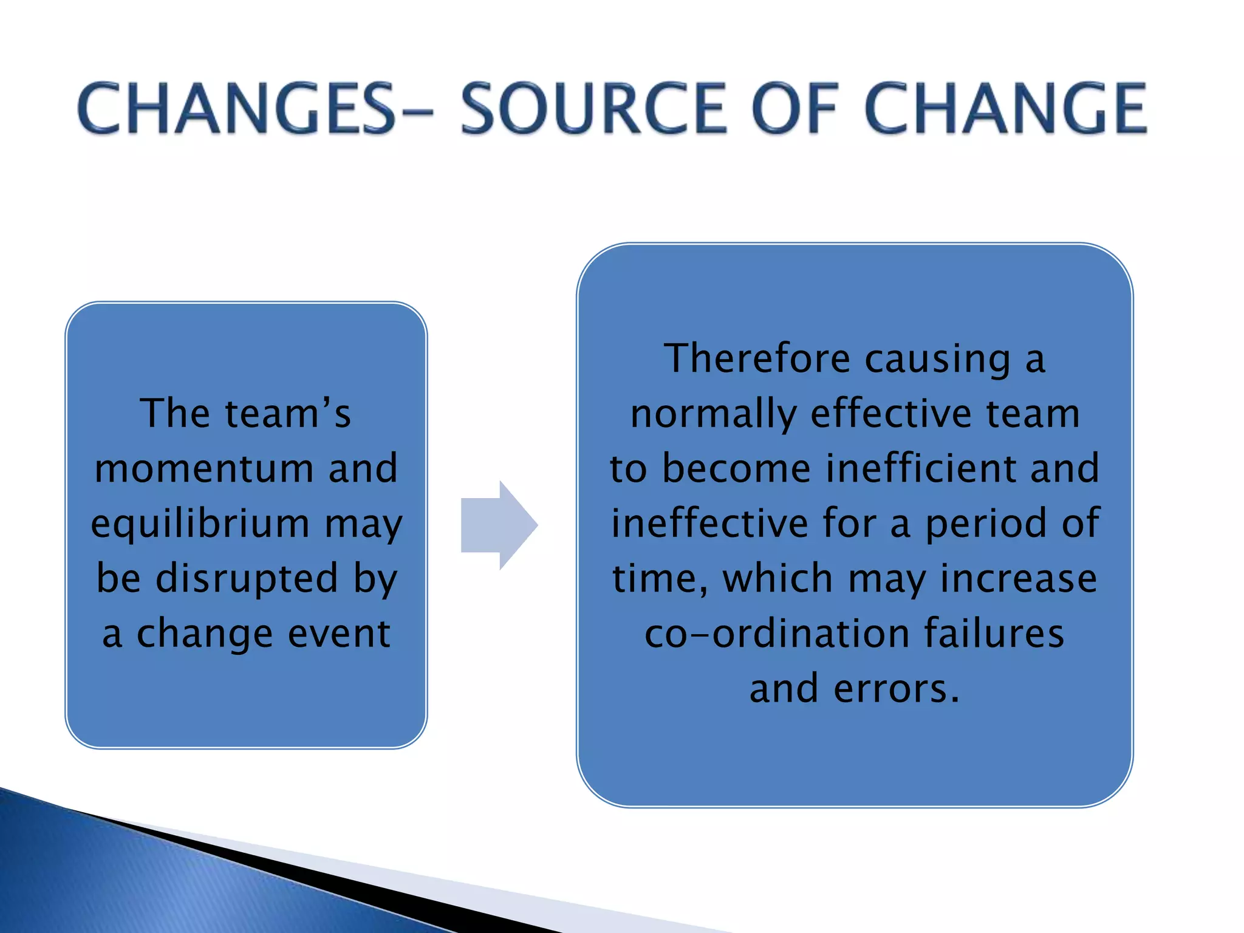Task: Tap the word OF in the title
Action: click(796, 109)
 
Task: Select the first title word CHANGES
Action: click(237, 109)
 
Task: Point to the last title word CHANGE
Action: click(1005, 109)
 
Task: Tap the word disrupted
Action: click(247, 578)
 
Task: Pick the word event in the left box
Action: click(338, 634)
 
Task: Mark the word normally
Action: click(713, 415)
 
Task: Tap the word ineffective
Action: click(709, 524)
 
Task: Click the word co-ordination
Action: click(778, 634)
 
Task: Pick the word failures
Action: click(994, 633)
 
